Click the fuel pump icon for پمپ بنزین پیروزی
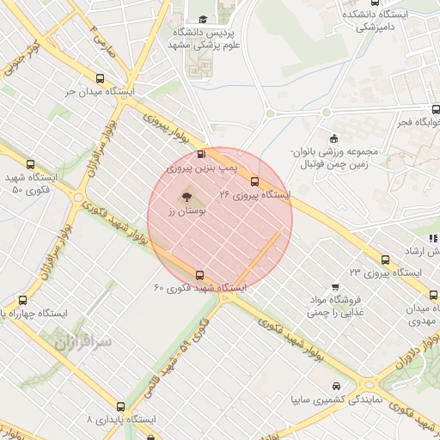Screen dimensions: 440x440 (201, 155)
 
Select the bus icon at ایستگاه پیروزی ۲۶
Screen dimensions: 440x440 (254, 180)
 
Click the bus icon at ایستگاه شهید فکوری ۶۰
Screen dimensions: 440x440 (200, 275)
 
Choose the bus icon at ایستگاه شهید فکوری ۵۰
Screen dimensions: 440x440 (31, 164)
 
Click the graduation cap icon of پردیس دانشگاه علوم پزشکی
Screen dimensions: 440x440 (204, 20)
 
